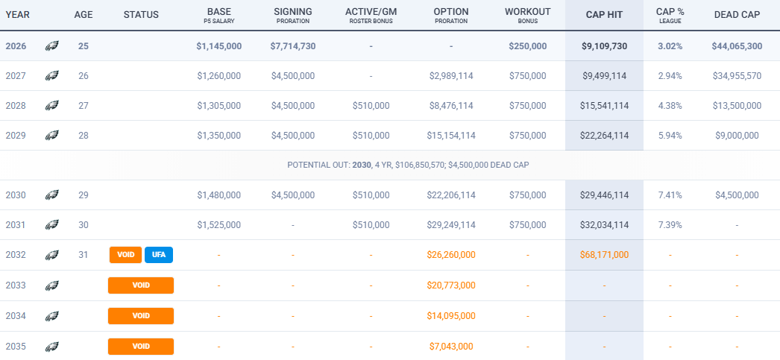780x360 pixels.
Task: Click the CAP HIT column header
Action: pos(604,15)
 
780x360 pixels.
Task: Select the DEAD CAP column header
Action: pos(737,15)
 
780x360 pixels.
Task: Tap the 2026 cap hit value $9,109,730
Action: pos(604,46)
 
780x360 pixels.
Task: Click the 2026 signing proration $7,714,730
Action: pos(293,46)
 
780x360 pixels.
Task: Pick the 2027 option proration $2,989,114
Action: pos(450,76)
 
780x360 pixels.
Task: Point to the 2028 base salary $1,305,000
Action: pos(219,106)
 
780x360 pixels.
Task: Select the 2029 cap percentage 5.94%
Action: pos(670,136)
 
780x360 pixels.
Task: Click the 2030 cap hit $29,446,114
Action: pos(604,195)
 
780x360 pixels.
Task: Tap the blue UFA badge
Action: pos(159,255)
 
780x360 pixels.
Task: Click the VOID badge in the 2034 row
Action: pos(141,316)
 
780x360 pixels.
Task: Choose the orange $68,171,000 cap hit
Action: pos(604,255)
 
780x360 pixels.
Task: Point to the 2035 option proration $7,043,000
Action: pos(450,347)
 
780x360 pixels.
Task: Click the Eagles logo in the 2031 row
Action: pos(51,225)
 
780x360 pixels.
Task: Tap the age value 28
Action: pos(83,136)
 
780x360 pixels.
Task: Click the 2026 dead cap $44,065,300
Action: pos(737,46)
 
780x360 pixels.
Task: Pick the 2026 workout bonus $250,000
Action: pos(527,46)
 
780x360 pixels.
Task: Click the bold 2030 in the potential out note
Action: pos(362,165)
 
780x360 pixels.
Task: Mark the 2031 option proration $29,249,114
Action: pos(450,225)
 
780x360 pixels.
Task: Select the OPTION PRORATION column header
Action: pos(450,16)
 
